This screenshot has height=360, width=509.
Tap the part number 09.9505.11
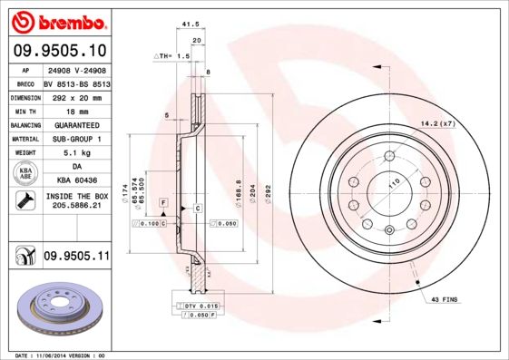[x=75, y=258]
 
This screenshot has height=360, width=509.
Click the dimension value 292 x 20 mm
[x=75, y=96]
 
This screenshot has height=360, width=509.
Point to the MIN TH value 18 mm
[x=75, y=110]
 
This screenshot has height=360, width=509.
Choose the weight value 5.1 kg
[x=75, y=153]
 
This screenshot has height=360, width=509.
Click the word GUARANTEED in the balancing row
[x=75, y=124]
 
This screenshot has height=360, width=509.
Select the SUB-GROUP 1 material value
[x=75, y=139]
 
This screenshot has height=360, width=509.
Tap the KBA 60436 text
[x=75, y=181]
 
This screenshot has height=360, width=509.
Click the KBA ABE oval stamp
[x=26, y=174]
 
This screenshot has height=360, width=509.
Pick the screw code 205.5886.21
[x=75, y=208]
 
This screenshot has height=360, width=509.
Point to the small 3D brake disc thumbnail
[x=59, y=307]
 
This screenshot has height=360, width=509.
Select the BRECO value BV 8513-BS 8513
[x=75, y=82]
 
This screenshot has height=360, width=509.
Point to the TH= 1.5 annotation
[x=176, y=55]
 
